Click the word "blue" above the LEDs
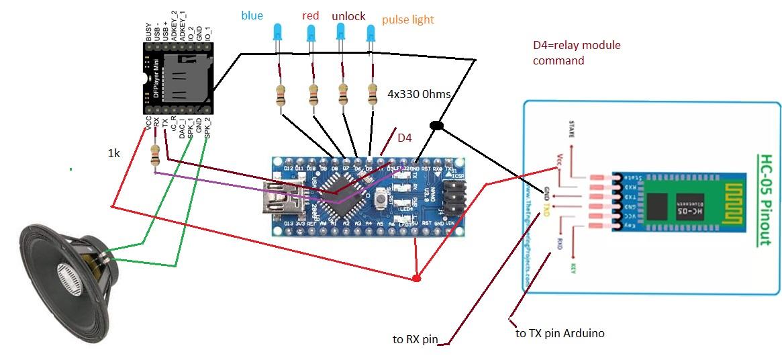252,15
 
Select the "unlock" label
348,15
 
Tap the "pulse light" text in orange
408,19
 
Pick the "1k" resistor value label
115,153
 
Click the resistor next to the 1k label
156,156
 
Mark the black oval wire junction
436,126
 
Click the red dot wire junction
416,277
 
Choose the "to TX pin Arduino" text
560,333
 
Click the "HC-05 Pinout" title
765,199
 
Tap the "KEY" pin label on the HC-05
573,267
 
